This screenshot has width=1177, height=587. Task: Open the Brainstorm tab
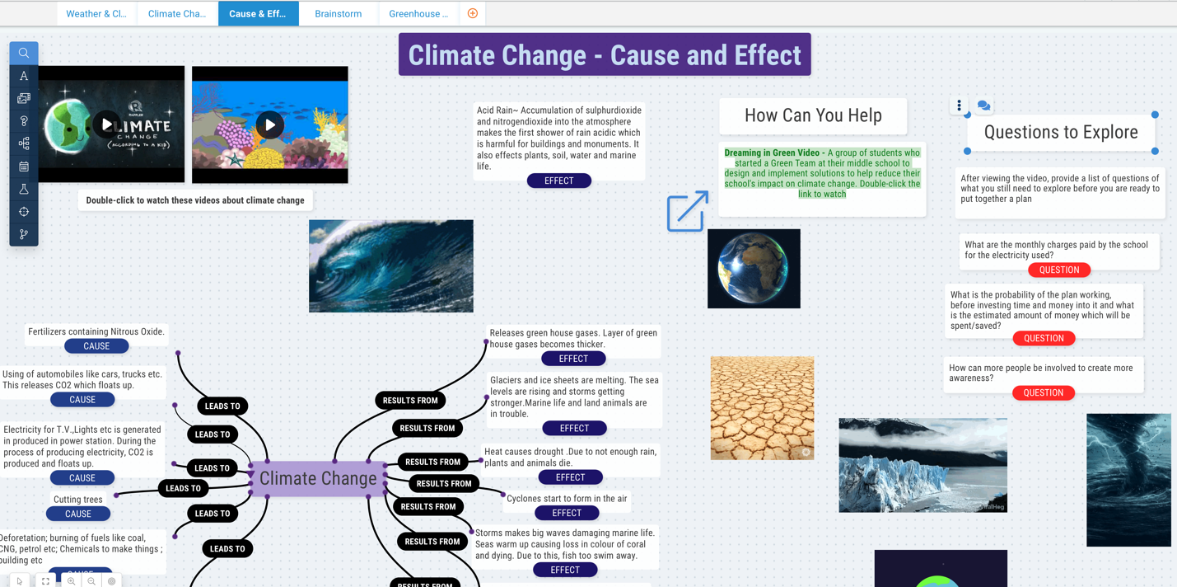coord(338,14)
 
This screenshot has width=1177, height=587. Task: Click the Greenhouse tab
coord(418,14)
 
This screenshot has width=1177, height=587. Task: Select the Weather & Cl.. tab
coord(96,14)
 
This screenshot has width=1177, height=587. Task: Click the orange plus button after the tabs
coord(473,13)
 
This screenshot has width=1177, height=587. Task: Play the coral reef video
coord(269,125)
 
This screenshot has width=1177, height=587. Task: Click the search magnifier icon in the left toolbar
coord(24,53)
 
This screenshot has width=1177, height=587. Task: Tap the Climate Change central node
coord(318,478)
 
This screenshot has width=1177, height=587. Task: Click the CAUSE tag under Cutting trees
coord(78,514)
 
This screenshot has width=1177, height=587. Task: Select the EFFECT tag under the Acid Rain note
coord(558,181)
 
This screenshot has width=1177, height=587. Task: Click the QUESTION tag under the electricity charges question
coord(1059,270)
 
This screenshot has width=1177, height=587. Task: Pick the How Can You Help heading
coord(813,115)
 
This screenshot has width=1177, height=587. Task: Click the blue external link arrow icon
coord(687,211)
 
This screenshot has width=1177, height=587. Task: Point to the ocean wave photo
coord(390,265)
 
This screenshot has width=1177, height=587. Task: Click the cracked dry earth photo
coord(762,407)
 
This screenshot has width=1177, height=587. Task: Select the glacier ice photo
coord(922,465)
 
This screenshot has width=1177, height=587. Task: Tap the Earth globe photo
coord(754,269)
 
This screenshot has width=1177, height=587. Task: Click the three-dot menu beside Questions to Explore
coord(959,106)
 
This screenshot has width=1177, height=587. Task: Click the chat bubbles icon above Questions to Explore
coord(983,106)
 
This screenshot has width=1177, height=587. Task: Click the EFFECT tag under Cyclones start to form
coord(567,513)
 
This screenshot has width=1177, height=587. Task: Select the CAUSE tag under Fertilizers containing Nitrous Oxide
coord(96,346)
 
